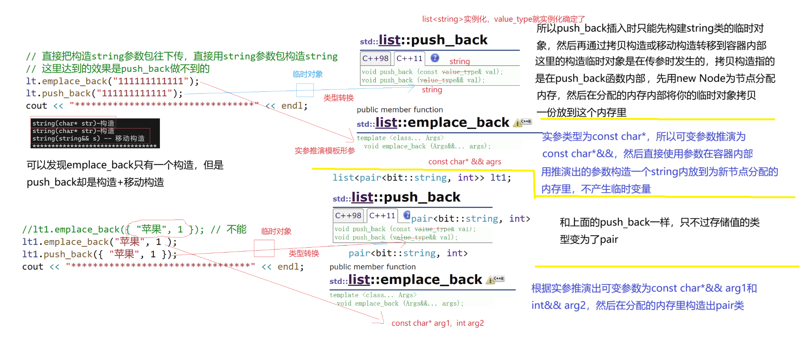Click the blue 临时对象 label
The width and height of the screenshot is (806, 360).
click(308, 74)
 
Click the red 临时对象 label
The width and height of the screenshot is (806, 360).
click(276, 232)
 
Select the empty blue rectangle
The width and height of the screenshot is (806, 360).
click(305, 90)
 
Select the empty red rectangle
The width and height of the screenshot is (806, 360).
click(264, 248)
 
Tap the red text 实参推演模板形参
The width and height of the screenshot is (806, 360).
click(325, 151)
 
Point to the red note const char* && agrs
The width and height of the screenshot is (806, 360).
click(465, 162)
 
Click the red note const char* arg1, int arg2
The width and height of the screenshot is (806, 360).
click(438, 323)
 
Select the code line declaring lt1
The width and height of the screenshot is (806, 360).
click(422, 178)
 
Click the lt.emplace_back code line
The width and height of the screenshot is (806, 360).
click(112, 81)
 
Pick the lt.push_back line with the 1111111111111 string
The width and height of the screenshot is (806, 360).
click(104, 94)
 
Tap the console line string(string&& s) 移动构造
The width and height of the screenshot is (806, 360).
click(88, 139)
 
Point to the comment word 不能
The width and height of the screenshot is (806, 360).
click(236, 229)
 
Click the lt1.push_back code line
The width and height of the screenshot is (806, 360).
click(99, 254)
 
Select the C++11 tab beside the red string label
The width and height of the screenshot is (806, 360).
click(410, 58)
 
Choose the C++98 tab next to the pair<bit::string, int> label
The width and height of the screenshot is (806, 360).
click(348, 216)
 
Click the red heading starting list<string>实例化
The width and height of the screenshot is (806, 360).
click(503, 19)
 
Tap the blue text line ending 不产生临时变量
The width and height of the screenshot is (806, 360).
click(596, 189)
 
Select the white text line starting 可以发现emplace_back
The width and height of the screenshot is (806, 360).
click(125, 165)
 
